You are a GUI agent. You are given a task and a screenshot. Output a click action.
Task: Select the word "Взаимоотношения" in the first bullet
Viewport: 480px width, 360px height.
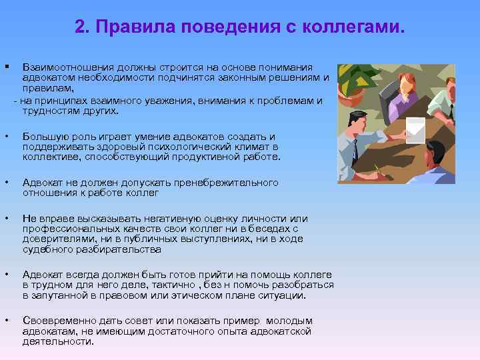click(x=63, y=68)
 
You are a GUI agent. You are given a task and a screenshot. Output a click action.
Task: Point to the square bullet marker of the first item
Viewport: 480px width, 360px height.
click(x=6, y=67)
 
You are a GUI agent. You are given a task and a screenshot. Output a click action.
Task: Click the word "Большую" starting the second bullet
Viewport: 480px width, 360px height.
click(x=41, y=137)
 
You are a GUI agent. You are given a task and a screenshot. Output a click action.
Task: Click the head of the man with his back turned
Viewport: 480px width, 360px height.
click(x=436, y=155)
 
